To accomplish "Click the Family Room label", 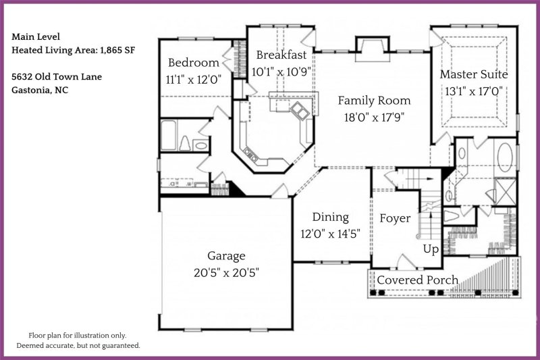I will (x=374, y=101).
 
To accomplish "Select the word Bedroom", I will (x=193, y=63).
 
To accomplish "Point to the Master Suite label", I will (x=474, y=74).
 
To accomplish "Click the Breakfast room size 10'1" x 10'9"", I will (x=279, y=71).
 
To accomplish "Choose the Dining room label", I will (x=330, y=217).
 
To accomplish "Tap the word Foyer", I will (x=395, y=219).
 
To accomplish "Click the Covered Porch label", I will (x=417, y=280).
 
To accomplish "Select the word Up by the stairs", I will (x=431, y=249).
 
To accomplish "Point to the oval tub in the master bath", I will (x=505, y=157).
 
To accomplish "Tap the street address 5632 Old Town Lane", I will (x=57, y=76).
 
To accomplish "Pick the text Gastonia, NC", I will (x=40, y=90).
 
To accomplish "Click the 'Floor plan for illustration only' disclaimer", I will (x=77, y=335).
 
